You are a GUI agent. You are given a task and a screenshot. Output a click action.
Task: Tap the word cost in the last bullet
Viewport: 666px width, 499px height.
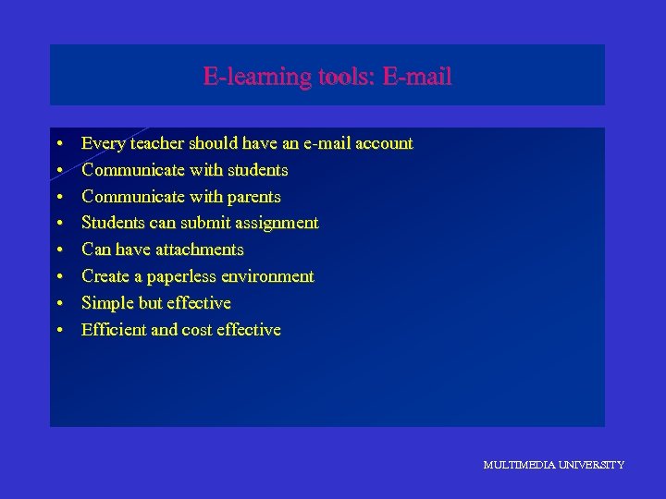click(197, 330)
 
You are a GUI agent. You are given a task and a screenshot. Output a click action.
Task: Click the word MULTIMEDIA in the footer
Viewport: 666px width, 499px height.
click(518, 465)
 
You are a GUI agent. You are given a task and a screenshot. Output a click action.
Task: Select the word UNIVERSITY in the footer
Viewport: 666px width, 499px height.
click(590, 465)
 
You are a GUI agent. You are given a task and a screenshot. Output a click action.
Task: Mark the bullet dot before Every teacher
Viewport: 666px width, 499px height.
click(58, 144)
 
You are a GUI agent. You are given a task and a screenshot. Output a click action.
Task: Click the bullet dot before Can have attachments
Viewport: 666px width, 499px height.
click(58, 250)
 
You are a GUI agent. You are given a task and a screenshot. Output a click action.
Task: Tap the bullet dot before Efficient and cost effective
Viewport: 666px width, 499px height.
click(58, 331)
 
